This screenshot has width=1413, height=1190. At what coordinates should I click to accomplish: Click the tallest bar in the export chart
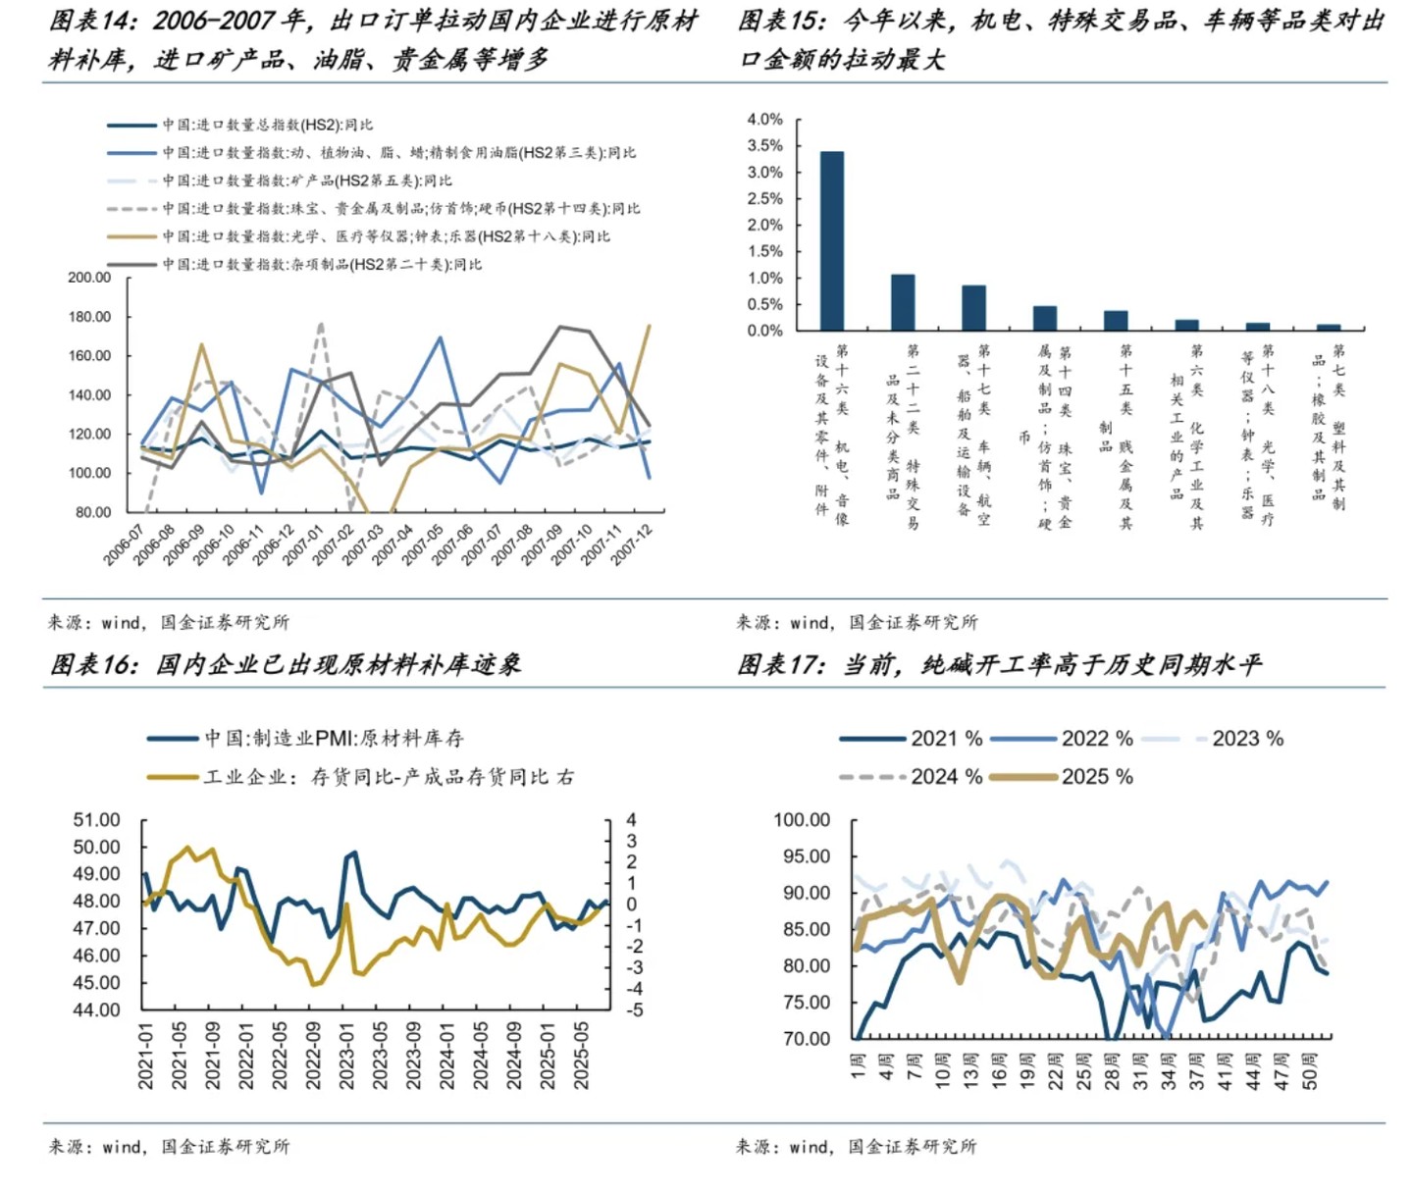[831, 240]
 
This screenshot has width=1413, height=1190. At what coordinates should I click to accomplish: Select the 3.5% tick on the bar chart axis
[764, 145]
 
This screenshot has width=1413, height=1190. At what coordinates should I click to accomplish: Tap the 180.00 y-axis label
[89, 317]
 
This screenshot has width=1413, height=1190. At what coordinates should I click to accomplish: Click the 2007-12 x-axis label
[634, 543]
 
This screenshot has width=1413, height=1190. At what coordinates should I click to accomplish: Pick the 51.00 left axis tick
[96, 820]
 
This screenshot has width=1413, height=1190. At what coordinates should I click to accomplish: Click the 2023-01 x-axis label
[346, 1056]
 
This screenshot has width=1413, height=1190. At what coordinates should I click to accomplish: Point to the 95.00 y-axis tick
[802, 856]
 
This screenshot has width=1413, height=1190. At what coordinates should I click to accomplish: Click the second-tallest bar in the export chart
[903, 302]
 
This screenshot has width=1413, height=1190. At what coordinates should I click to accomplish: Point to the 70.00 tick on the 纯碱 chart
[806, 1039]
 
